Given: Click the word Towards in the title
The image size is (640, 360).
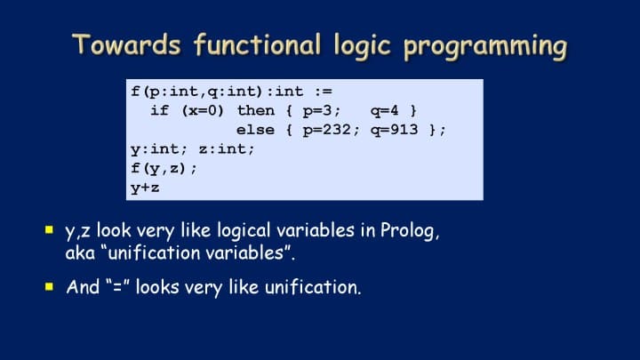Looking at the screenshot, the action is point(126,44).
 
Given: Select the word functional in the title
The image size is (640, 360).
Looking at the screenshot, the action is point(257,44).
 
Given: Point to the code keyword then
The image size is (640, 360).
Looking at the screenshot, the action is point(256,110).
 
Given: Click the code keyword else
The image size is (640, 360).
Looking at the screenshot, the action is point(255,130).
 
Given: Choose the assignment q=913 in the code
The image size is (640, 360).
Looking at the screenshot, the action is point(395,130).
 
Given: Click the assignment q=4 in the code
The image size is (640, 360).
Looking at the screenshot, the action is point(385,111).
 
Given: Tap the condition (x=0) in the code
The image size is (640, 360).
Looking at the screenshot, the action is point(203,110).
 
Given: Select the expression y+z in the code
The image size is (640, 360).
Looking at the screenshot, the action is point(145,188).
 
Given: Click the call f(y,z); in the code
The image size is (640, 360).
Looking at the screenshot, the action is point(164,168).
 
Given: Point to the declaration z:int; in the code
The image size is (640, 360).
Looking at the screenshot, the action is point(227,149).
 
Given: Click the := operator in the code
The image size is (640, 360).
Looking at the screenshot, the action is point(324,92).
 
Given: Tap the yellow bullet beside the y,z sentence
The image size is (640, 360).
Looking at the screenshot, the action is point(49,230).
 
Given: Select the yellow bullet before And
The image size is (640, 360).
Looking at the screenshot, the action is point(49,286).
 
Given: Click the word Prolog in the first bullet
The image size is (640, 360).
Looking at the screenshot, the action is point(410,231).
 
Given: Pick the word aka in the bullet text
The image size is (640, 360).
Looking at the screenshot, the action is point(80,253).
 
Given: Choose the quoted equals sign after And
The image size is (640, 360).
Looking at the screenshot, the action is point(117,285).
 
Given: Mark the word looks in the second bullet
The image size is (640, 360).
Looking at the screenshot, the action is point(157,286).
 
